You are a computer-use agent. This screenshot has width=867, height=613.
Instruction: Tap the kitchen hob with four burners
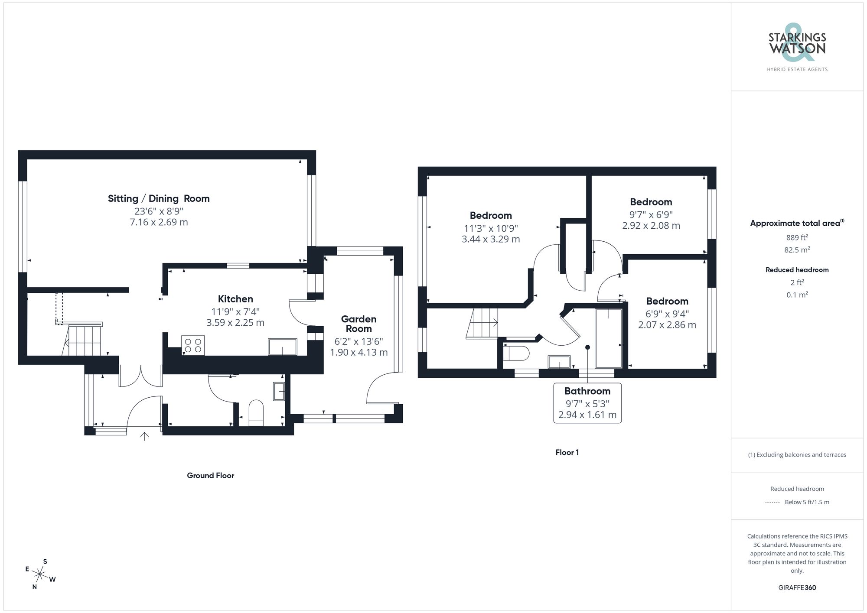[x=193, y=345]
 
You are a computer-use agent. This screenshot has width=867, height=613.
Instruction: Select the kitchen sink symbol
[x=282, y=347]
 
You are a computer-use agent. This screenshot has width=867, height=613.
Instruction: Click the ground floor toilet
[x=256, y=412]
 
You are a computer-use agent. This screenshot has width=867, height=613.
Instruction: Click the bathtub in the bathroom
[x=609, y=338]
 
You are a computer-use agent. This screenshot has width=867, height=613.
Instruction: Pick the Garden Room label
[x=359, y=324]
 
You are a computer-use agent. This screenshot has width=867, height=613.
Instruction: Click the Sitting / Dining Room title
[x=159, y=198]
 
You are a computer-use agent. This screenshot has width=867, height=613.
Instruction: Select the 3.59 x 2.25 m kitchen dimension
[x=235, y=323]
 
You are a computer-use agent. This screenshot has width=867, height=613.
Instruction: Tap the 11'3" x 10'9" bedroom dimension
[x=491, y=228]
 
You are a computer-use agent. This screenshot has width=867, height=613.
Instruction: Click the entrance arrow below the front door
[x=144, y=436]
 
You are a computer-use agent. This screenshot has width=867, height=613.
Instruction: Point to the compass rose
[x=40, y=574]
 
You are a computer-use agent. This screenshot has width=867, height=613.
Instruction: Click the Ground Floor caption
[x=210, y=475]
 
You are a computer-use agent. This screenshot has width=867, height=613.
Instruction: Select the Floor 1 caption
[x=567, y=452]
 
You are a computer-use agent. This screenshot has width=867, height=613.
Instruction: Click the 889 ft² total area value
[x=797, y=237]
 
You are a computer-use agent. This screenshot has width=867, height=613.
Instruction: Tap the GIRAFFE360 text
[x=797, y=587]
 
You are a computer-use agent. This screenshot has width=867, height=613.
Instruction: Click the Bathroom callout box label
[x=587, y=391]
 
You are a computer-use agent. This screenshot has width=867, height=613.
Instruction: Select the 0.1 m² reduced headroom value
[x=797, y=295]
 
